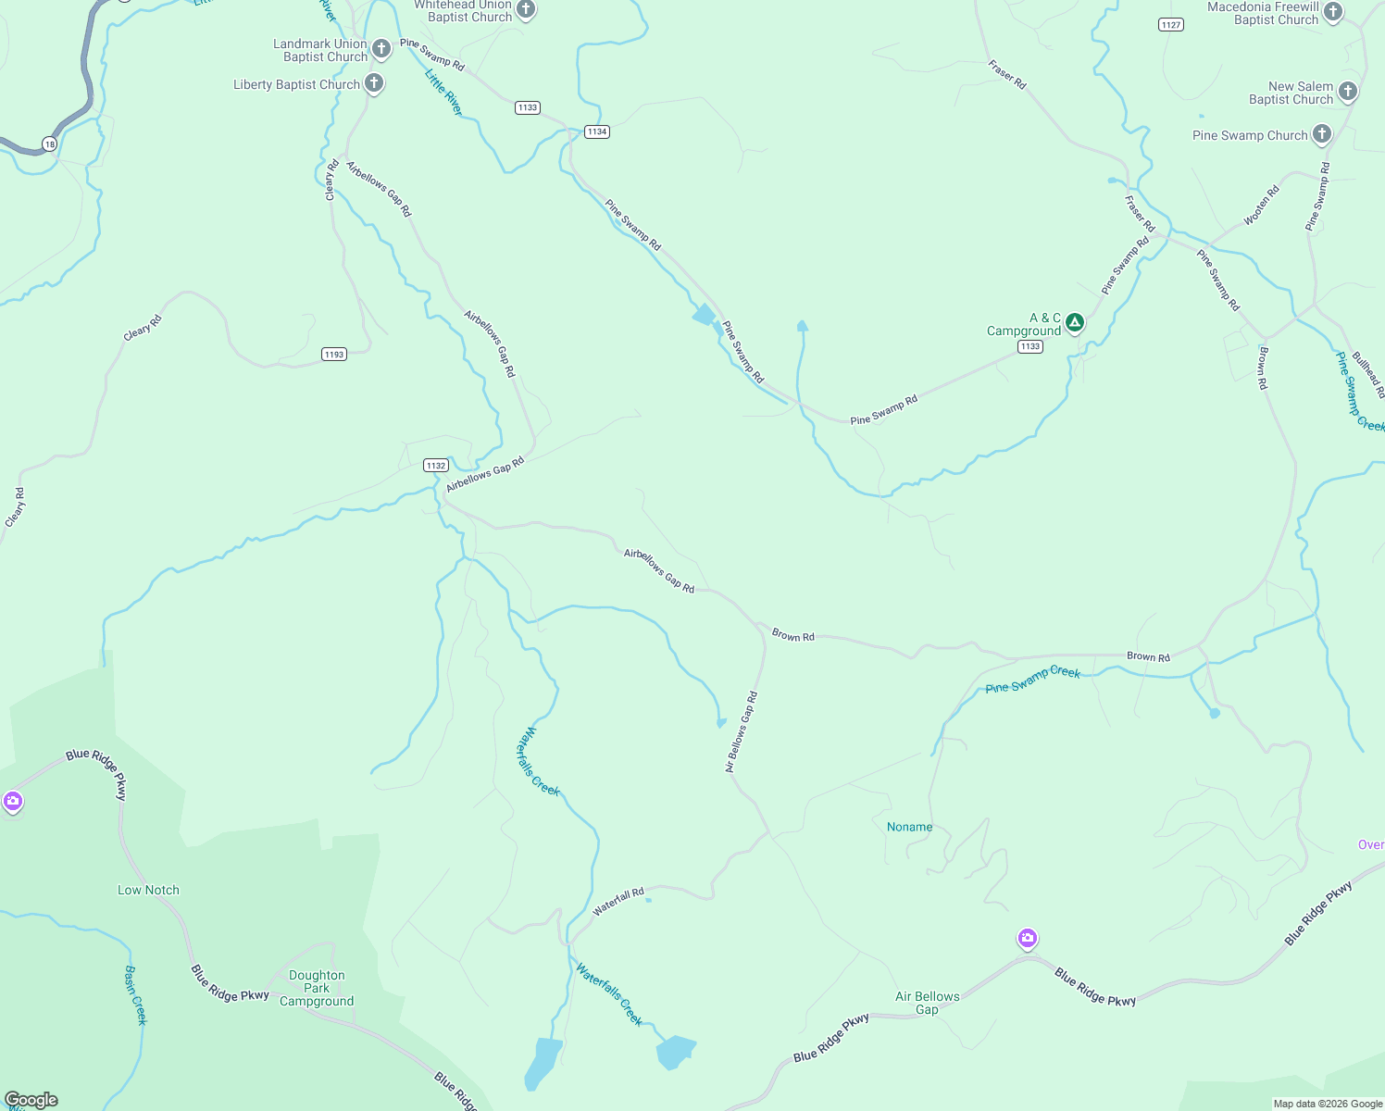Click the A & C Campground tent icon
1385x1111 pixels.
click(1074, 322)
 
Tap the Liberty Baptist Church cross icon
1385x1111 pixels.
click(374, 83)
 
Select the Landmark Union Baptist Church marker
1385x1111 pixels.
click(381, 47)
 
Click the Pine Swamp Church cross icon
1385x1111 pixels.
click(1322, 133)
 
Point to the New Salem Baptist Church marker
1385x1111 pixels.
click(1348, 91)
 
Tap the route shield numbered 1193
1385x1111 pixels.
click(334, 355)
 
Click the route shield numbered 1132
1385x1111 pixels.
click(436, 466)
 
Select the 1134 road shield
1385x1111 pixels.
click(597, 131)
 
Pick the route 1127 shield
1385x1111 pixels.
click(1171, 25)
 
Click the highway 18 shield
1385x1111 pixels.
click(49, 144)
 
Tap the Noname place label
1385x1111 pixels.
click(909, 827)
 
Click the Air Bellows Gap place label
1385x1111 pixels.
click(928, 1003)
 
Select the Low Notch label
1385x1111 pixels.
click(148, 890)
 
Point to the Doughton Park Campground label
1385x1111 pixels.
click(317, 988)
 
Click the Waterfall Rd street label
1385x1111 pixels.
click(618, 902)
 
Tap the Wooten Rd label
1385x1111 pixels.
click(1261, 205)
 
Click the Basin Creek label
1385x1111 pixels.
click(136, 995)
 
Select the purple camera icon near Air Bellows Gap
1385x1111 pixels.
click(1027, 939)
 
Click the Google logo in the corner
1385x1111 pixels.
click(31, 1100)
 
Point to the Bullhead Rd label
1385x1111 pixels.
click(1368, 375)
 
